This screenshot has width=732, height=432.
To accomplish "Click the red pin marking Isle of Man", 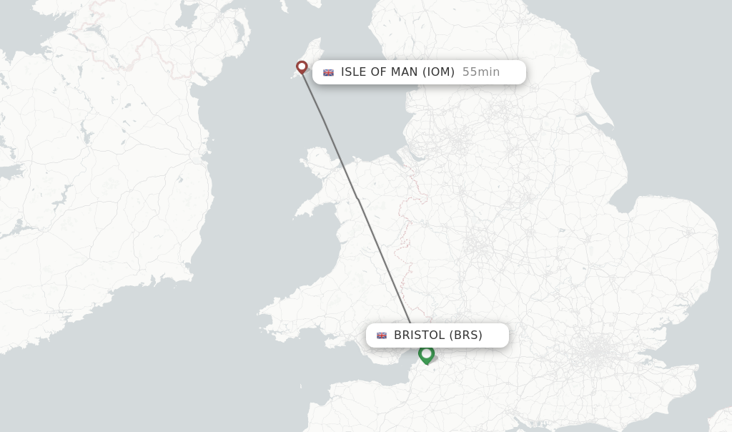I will pos(302,67).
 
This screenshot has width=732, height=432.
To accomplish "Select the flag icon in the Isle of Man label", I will pos(329,72).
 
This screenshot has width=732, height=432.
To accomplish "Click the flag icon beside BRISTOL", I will pos(382,335).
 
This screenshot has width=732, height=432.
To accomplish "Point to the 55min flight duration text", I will pos(480,72).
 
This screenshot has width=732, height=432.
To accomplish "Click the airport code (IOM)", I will pos(438,72).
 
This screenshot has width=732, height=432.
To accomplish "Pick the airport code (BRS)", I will pos(465,335).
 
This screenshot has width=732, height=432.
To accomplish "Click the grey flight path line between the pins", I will pos(357,200).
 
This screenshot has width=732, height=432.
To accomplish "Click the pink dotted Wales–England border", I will pos(409,236).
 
